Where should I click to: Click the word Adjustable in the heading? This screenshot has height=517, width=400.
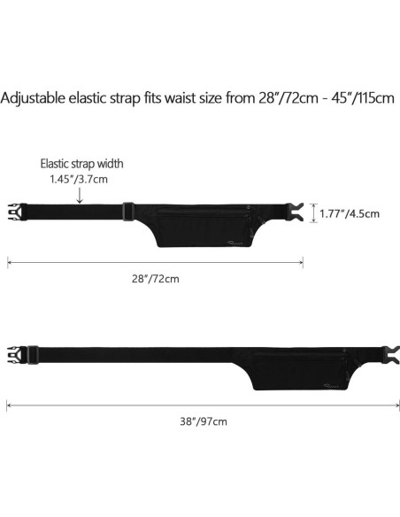(x=33, y=98)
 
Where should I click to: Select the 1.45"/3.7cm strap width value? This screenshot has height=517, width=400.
(x=79, y=180)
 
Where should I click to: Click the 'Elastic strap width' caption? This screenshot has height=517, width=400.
(x=81, y=164)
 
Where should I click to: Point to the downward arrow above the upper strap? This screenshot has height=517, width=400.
(x=80, y=196)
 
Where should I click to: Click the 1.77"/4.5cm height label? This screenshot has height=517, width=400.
(x=350, y=213)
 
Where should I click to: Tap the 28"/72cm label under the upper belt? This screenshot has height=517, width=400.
(x=156, y=279)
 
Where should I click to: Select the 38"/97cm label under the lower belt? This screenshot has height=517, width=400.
(x=204, y=421)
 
